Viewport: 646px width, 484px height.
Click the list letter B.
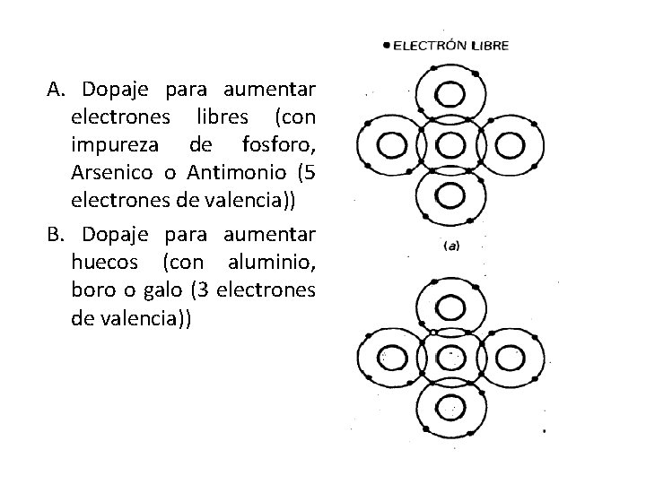click(56, 235)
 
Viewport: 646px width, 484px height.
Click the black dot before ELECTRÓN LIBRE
click(385, 44)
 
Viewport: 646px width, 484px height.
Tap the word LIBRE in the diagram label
click(491, 44)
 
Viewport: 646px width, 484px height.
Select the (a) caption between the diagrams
click(450, 245)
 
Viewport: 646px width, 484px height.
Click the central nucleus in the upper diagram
click(448, 143)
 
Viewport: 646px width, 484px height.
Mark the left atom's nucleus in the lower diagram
click(392, 358)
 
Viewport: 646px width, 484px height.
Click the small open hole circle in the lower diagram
click(433, 333)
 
